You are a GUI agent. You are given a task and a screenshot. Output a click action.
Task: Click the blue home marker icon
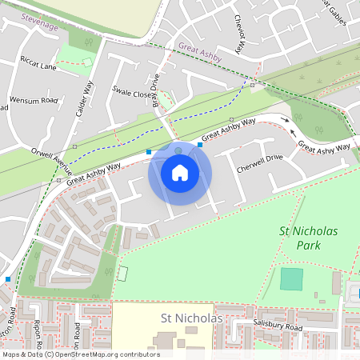(x=180, y=173)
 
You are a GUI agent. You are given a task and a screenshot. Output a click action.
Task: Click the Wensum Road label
(x=33, y=102)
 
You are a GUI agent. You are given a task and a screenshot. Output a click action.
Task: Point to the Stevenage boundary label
(x=40, y=22)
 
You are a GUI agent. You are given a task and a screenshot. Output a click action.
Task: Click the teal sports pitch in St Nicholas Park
(x=292, y=279)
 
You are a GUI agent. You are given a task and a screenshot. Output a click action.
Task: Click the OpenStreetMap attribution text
(x=81, y=354)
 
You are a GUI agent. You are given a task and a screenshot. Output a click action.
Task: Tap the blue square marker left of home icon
(x=148, y=151)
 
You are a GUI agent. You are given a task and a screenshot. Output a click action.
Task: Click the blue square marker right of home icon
(x=200, y=145)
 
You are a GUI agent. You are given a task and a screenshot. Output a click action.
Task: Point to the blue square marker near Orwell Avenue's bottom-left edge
(x=8, y=278)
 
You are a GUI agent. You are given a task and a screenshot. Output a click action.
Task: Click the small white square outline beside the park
(x=122, y=273)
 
